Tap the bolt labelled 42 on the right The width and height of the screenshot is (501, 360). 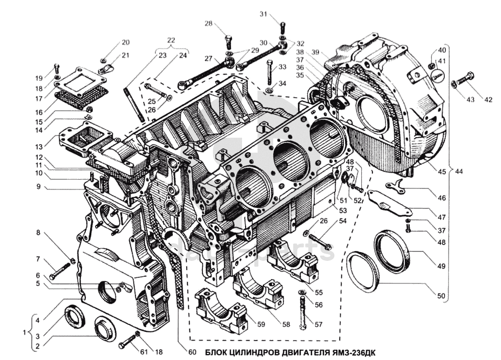click(x=465, y=79)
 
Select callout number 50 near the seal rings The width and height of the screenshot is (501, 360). click(x=441, y=296)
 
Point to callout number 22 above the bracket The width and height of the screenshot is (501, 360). click(x=171, y=40)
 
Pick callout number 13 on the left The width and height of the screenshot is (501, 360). click(x=39, y=147)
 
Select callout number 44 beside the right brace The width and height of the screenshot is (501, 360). click(x=459, y=172)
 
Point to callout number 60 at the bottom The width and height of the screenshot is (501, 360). click(x=192, y=352)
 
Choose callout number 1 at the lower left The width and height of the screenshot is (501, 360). click(x=24, y=333)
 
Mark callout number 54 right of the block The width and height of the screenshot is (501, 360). click(x=342, y=221)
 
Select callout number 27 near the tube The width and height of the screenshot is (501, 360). click(x=208, y=59)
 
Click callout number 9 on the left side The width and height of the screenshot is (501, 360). click(x=39, y=186)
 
